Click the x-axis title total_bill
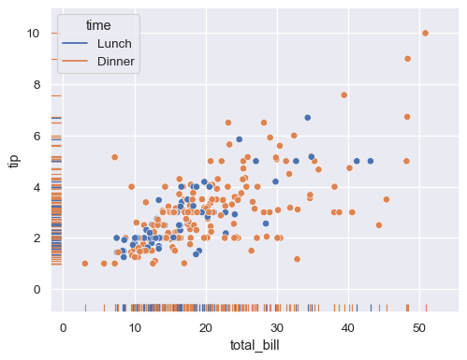point(255,346)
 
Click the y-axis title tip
point(13,160)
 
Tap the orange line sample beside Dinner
point(77,62)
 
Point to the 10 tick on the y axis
point(34,34)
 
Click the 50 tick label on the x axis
point(419,327)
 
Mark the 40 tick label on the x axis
point(348,327)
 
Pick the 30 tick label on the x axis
point(277,327)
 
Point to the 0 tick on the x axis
point(63,327)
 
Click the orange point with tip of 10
point(425,34)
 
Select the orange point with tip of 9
point(407,59)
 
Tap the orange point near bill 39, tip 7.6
point(344,94)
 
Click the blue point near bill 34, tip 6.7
point(307,118)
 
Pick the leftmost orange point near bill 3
point(84,264)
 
